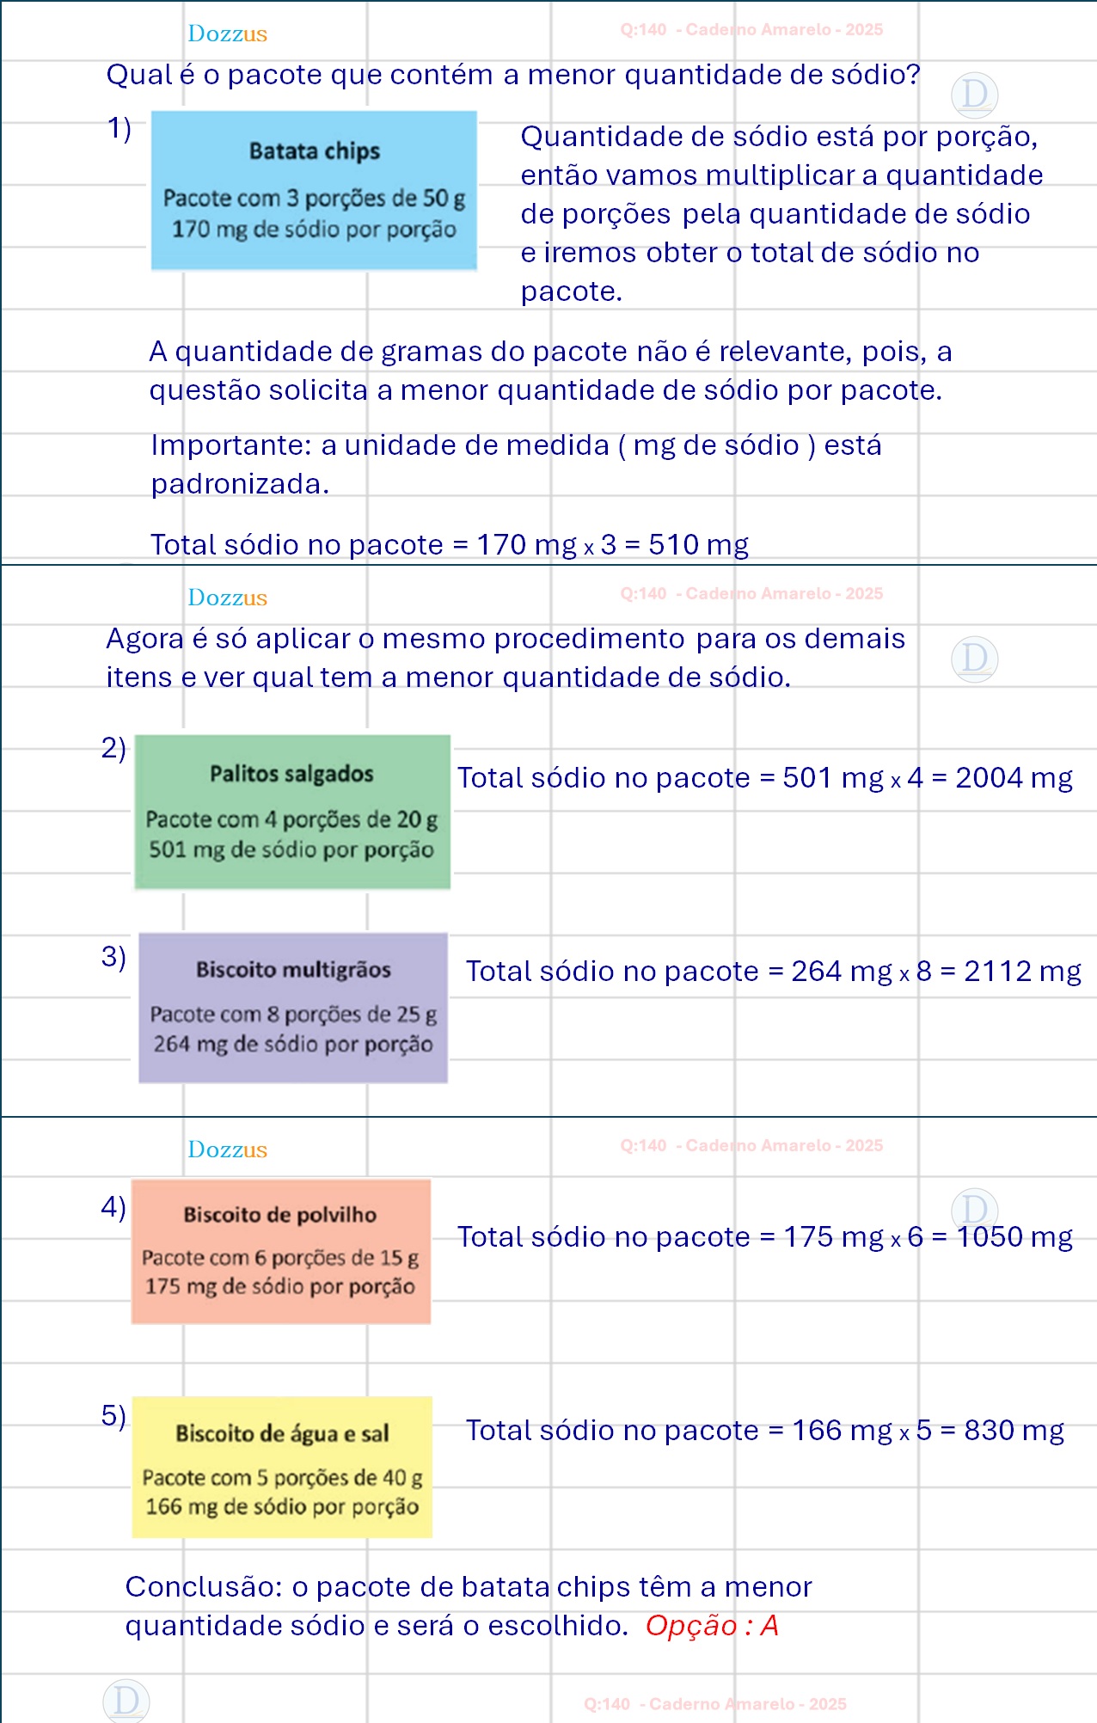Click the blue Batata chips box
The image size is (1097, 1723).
click(314, 191)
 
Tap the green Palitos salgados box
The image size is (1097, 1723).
click(292, 812)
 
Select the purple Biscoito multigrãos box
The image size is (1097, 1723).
click(293, 1008)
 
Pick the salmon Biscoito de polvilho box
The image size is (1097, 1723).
click(280, 1251)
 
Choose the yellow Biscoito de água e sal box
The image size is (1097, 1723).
click(281, 1467)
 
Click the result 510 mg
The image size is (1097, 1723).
click(698, 545)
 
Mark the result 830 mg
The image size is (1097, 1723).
click(1014, 1431)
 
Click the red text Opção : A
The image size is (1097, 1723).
click(712, 1626)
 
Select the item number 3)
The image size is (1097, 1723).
click(113, 956)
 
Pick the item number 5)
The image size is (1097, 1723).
click(113, 1415)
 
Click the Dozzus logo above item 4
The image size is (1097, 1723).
click(228, 1150)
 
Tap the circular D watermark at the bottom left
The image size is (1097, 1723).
click(126, 1701)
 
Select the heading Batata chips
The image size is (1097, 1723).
click(315, 151)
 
